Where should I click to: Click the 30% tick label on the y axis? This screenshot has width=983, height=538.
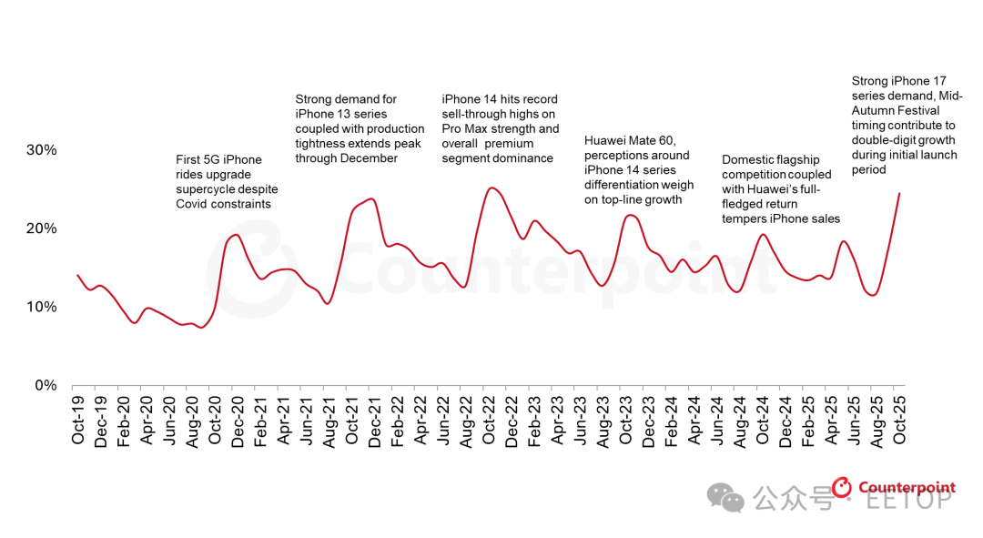[41, 150]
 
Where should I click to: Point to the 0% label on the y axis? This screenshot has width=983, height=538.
[46, 386]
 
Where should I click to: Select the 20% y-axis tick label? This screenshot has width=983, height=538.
[41, 228]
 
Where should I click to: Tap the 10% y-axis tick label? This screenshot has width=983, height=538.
[41, 307]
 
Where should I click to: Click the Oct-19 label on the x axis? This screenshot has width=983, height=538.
[77, 421]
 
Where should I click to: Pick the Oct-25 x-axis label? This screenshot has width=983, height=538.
[899, 421]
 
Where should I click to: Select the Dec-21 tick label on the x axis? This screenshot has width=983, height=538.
[374, 421]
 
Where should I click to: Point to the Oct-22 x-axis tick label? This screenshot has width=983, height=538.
[489, 421]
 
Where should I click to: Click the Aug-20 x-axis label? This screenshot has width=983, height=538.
[191, 421]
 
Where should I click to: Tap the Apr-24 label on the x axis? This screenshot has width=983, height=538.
[694, 421]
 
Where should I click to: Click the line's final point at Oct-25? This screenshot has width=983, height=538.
[899, 193]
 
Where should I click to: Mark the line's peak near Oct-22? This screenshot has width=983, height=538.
[491, 188]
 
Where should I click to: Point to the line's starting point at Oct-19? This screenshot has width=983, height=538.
[77, 275]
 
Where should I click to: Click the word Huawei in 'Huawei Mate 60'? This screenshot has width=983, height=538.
[605, 141]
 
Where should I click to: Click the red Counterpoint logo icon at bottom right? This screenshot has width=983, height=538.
[843, 489]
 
